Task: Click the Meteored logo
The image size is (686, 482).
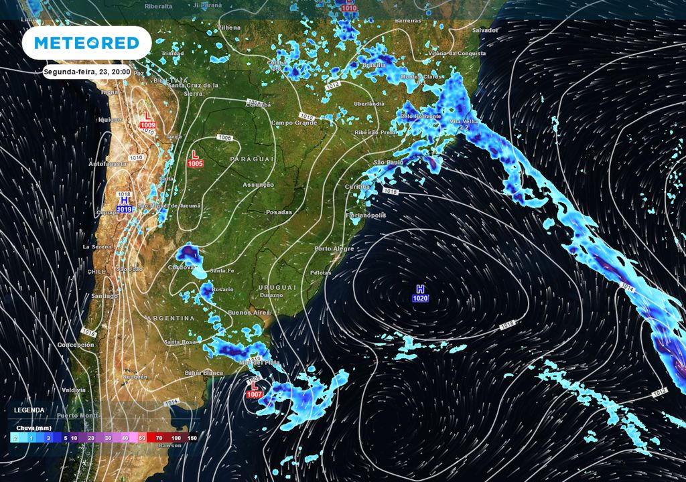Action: tap(86, 44)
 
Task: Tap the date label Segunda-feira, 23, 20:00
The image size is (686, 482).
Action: tap(86, 71)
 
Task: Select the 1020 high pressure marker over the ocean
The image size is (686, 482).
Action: tap(421, 293)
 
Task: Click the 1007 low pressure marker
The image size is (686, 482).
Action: tap(255, 391)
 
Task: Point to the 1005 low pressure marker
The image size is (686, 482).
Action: tap(196, 158)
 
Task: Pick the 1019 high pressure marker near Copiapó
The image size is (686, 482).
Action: tap(125, 204)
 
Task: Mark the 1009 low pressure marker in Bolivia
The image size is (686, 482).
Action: tap(148, 120)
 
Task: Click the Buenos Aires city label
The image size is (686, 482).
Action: tap(249, 313)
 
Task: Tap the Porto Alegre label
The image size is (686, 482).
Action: tap(334, 249)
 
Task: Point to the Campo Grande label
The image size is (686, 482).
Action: tap(293, 123)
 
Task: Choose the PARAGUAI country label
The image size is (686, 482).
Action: tap(252, 159)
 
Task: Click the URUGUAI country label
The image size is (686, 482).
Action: tap(275, 287)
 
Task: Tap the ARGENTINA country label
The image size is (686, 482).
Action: tap(171, 317)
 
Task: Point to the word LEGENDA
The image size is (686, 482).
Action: tap(29, 410)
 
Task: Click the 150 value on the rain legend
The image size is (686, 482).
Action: tap(192, 437)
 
